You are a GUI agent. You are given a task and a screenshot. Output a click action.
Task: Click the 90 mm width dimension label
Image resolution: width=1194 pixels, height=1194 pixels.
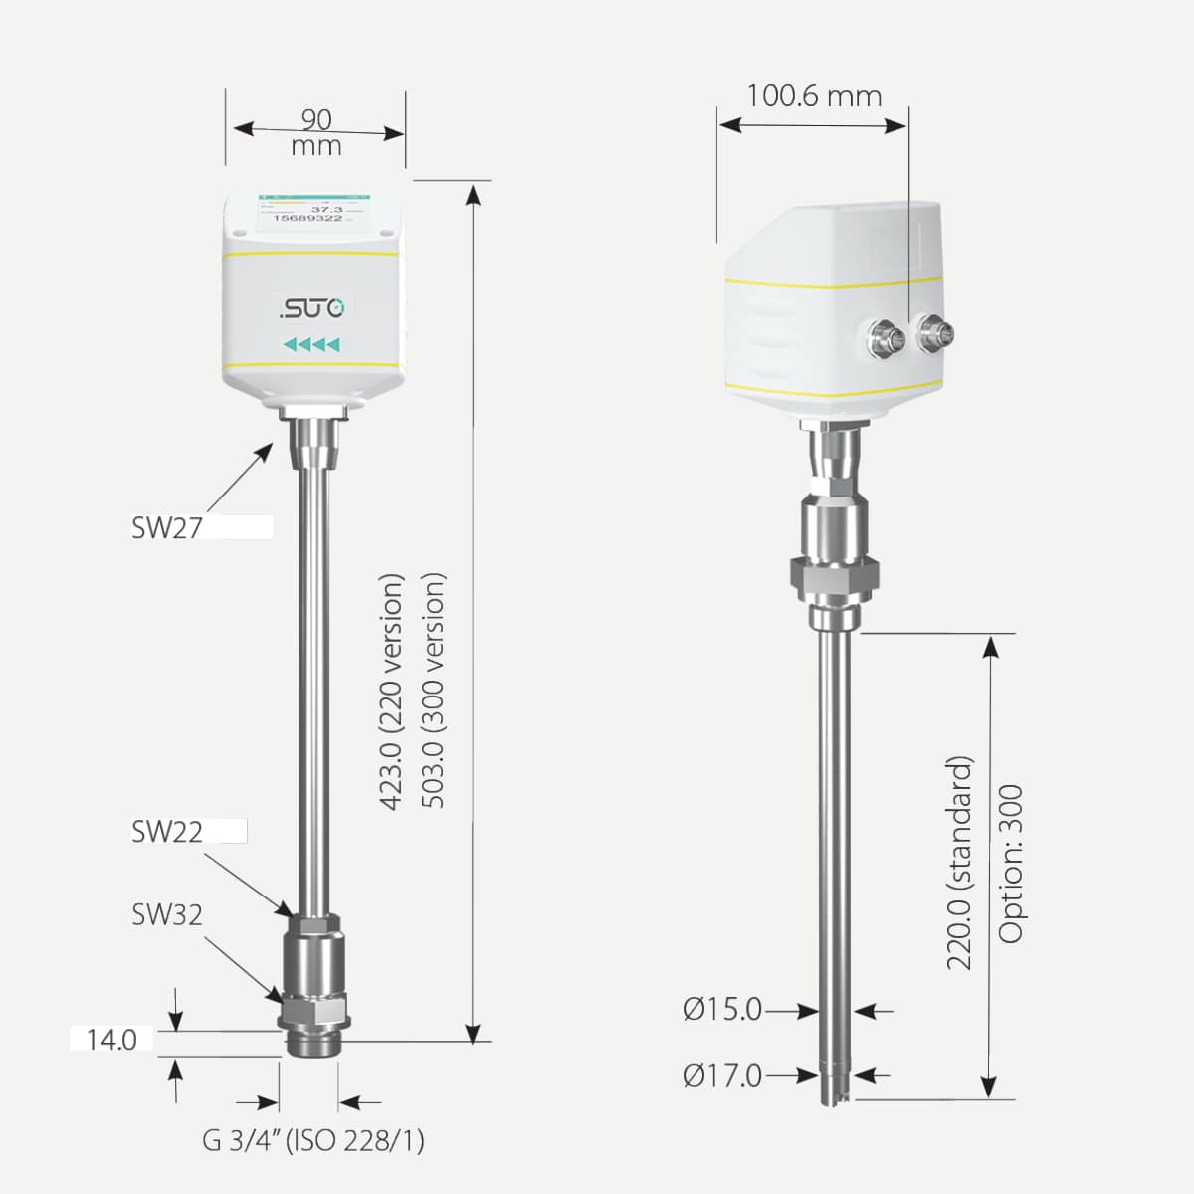click(x=316, y=132)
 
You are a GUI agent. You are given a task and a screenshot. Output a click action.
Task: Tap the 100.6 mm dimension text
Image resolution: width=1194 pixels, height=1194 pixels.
click(x=814, y=96)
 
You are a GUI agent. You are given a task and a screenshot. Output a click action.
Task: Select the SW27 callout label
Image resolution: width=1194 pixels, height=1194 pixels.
click(x=166, y=527)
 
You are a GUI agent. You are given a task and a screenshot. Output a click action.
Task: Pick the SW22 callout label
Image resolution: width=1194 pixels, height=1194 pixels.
click(x=166, y=832)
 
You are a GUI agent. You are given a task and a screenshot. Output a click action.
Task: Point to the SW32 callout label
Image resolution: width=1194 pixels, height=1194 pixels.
click(x=166, y=914)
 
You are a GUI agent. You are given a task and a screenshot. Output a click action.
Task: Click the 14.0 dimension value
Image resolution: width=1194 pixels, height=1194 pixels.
click(x=111, y=1041)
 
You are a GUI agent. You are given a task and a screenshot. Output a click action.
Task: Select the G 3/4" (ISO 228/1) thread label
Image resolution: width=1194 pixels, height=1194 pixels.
click(x=313, y=1140)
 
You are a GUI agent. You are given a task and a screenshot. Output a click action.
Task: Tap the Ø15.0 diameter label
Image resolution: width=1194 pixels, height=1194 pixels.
click(x=722, y=1011)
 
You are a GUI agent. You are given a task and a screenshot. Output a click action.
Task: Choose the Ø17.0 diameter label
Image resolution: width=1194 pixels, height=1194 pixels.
click(x=722, y=1076)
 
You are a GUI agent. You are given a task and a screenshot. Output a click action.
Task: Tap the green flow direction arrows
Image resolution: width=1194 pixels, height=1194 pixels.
click(x=312, y=345)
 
